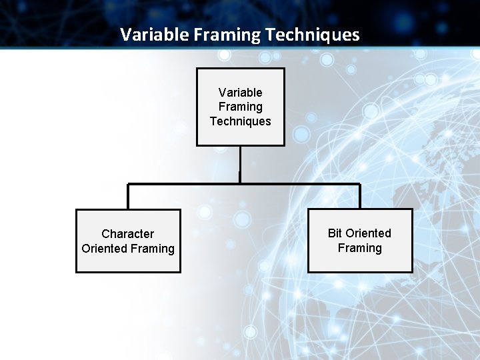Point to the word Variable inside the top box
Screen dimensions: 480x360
(x=240, y=93)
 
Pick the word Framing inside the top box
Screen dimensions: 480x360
(x=240, y=107)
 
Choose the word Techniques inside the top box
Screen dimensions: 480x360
(x=240, y=121)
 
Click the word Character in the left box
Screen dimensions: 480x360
(x=127, y=234)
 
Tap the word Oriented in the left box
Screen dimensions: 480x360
(x=105, y=249)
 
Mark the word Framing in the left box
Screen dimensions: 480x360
(x=153, y=249)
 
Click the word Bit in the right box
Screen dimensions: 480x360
(x=335, y=233)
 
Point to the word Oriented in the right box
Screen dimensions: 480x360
(x=368, y=233)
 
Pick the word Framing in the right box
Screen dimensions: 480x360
(x=360, y=248)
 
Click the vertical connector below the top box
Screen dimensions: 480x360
(x=240, y=163)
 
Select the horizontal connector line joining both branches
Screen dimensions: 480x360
(x=300, y=183)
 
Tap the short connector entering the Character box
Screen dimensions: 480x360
(x=128, y=197)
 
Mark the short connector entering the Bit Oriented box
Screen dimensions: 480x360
(x=360, y=196)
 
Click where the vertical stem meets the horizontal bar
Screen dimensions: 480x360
(x=240, y=183)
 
